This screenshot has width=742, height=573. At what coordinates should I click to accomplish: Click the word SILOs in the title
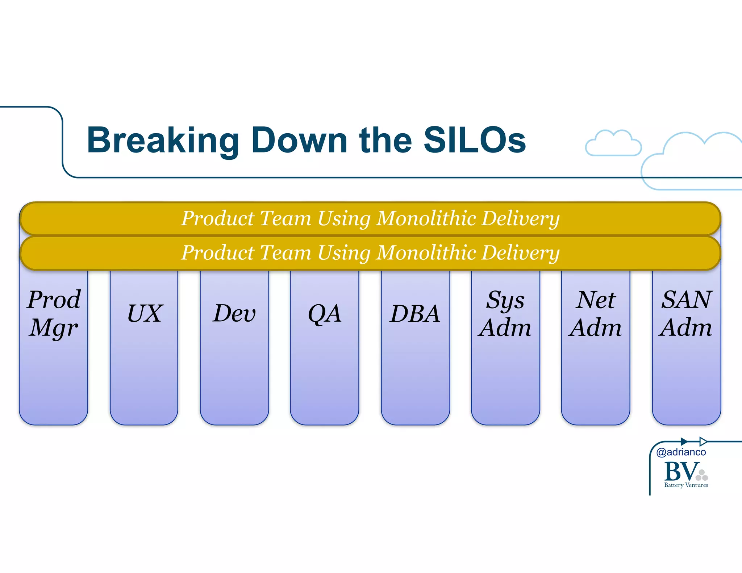(x=474, y=141)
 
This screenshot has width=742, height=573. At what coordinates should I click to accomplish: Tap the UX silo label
(x=145, y=314)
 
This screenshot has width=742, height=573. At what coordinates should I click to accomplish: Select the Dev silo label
(x=234, y=314)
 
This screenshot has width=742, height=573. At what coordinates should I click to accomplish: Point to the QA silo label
(x=324, y=314)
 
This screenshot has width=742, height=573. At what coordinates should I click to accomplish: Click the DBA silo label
(x=415, y=314)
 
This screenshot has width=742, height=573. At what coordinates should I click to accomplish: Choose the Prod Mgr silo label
(x=54, y=314)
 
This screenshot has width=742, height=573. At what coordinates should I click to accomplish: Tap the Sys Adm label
(x=505, y=314)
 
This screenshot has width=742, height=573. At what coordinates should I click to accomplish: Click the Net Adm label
(x=595, y=314)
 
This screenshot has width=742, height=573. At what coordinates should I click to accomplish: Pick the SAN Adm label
(x=686, y=314)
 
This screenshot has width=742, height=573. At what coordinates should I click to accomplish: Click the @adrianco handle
(x=681, y=452)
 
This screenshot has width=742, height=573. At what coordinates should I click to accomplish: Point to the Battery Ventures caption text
(x=686, y=485)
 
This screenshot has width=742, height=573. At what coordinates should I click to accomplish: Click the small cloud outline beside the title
(x=613, y=143)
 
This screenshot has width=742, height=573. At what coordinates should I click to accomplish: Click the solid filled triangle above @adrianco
(x=684, y=442)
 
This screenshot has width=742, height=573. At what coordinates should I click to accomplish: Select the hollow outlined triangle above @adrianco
(x=703, y=442)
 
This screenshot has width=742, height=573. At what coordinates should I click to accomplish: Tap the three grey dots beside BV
(x=702, y=476)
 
